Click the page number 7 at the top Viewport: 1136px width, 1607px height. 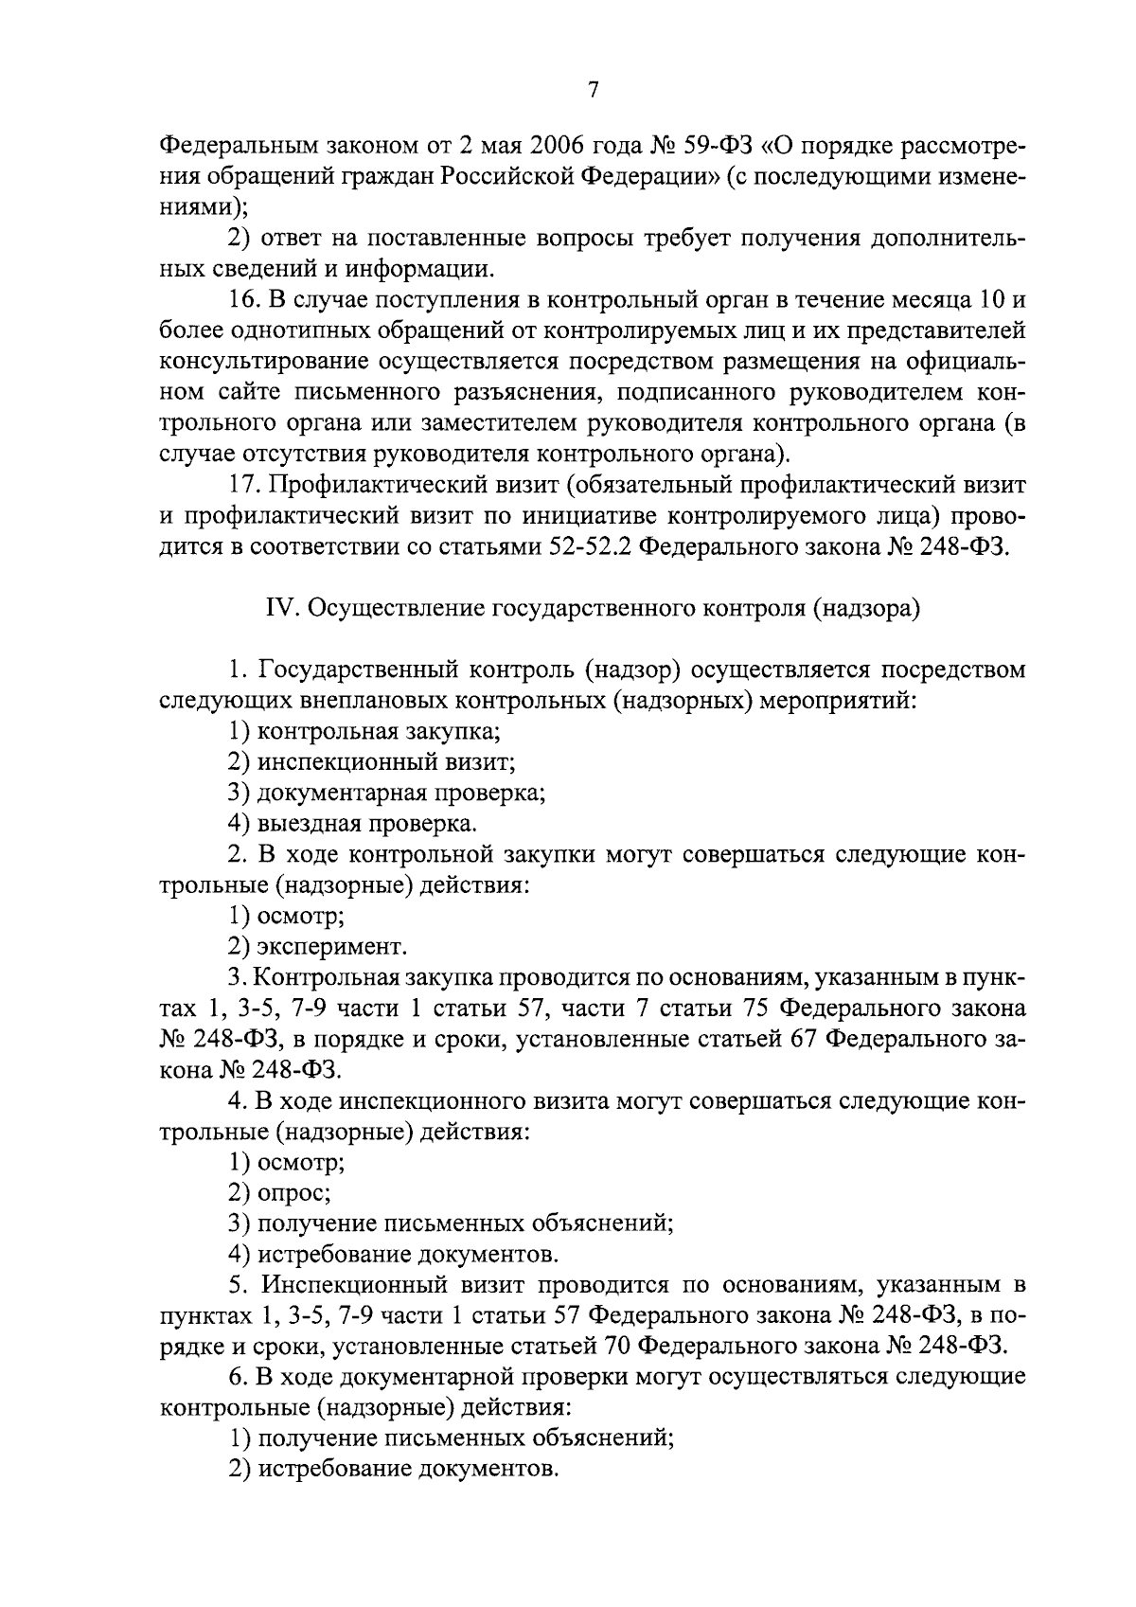coord(594,90)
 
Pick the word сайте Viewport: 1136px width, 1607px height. coord(258,391)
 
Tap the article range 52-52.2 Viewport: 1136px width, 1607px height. coord(584,547)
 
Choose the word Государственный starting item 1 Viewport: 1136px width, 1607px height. coord(358,670)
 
